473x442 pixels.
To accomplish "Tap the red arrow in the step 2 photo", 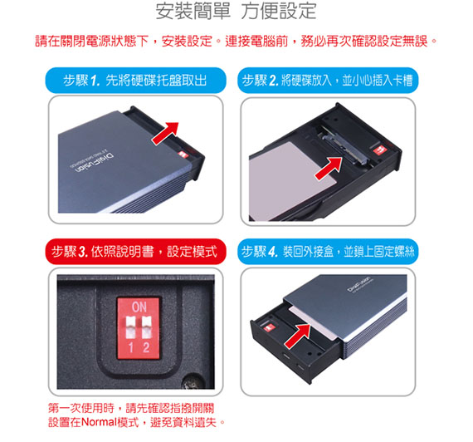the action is [329, 168].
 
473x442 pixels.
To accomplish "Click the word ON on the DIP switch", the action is [139, 307].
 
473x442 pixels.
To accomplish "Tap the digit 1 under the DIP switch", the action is [131, 347].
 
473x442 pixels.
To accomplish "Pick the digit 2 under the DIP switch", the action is [146, 347].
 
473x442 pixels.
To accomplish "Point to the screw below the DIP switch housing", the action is [192, 382].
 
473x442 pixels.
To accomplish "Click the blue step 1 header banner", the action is [136, 81].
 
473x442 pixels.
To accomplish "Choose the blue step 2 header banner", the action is [328, 81].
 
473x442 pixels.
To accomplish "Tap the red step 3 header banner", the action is [136, 252].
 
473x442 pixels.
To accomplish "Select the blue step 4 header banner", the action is [328, 252].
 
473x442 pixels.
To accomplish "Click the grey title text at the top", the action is [236, 11].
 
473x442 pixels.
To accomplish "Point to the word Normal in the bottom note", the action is [99, 422].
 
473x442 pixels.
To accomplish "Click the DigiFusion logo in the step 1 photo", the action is [92, 163].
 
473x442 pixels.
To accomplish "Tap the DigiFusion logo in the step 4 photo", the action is [359, 284].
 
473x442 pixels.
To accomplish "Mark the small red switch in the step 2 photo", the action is [378, 150].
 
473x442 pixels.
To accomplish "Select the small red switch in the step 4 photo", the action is [268, 327].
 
